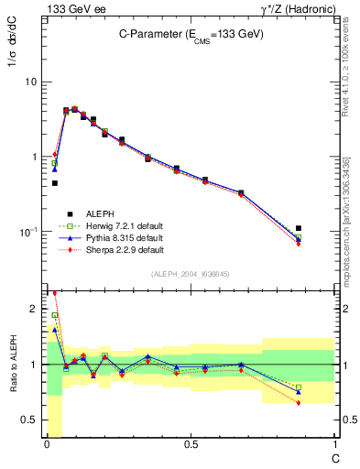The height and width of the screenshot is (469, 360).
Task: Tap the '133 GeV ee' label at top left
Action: click(71, 9)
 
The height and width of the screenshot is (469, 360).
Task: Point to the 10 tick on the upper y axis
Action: click(29, 82)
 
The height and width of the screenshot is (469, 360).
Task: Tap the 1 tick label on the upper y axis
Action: click(33, 157)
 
